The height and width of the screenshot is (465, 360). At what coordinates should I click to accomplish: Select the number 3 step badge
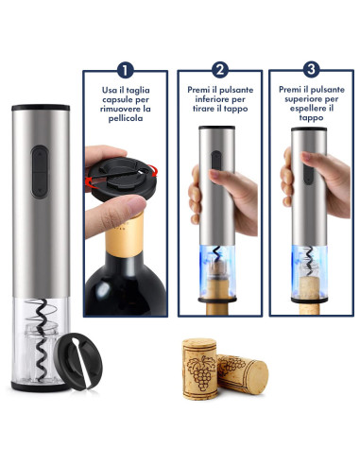(x=313, y=69)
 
